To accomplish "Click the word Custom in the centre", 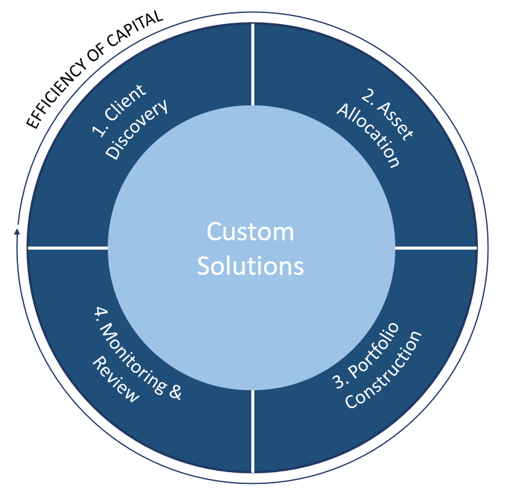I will (x=250, y=233).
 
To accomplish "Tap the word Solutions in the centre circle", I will (x=250, y=266).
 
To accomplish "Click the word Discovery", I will (x=137, y=130).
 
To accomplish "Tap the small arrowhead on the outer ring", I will (x=17, y=232).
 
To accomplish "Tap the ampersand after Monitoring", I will (x=174, y=391).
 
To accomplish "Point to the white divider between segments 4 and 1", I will (x=68, y=247).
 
